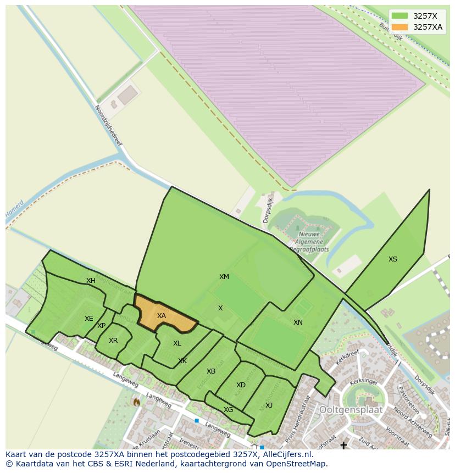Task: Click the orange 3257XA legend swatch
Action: (399, 27)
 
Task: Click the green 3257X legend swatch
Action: (399, 16)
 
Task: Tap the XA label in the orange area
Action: (161, 316)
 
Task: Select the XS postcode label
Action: (392, 259)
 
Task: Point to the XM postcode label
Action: (224, 277)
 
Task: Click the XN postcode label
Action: (298, 322)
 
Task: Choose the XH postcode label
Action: (91, 281)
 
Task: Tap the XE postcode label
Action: (88, 319)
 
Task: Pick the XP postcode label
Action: (101, 326)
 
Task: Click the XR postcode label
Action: (113, 341)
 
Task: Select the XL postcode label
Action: (177, 343)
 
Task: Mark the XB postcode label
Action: (211, 371)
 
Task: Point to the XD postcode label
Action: (241, 385)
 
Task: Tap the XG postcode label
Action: (228, 410)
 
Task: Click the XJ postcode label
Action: (269, 405)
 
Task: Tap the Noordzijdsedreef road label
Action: (108, 126)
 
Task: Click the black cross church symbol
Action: (344, 445)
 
